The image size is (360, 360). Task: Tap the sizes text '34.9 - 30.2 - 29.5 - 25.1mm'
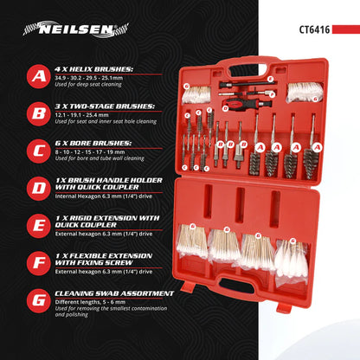pyautogui.click(x=93, y=76)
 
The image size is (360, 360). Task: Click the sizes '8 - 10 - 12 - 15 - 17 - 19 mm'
pyautogui.click(x=95, y=151)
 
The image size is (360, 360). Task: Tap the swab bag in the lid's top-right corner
pyautogui.click(x=302, y=89)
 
